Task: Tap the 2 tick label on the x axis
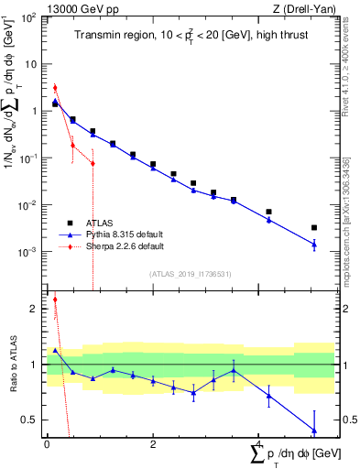click(x=153, y=444)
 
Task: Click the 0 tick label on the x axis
click(x=47, y=444)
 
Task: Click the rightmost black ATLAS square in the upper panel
click(x=314, y=227)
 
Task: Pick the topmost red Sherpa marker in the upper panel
click(x=55, y=88)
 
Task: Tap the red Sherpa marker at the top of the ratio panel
click(x=55, y=299)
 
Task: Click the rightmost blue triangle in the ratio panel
click(x=314, y=430)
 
